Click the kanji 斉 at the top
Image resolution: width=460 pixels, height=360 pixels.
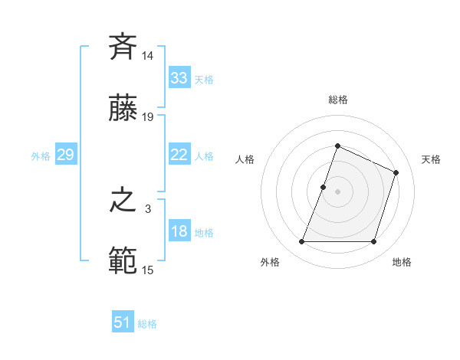coord(123,48)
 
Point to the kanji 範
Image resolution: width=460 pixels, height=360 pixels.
coord(123,260)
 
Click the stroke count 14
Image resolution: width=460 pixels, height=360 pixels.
coord(149,57)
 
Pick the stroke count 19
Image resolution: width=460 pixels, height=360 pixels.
coord(149,116)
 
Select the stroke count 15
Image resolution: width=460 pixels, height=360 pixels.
coord(149,270)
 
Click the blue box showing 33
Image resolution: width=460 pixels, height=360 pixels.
coord(179,78)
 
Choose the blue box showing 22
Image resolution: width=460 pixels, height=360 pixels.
coord(179,155)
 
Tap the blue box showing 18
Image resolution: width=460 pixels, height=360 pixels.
coord(179,231)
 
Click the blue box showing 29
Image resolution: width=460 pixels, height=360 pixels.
coord(65,155)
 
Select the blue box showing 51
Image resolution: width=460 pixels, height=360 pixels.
coord(123,322)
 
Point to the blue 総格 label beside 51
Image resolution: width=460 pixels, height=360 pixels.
coord(147,324)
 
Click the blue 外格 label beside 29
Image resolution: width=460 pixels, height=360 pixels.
coord(41,156)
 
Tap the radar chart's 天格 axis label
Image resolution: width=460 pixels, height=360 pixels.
coord(431,159)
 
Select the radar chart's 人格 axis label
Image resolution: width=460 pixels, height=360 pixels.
coord(245,159)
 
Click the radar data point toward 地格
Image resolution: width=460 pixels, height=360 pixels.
coord(374,242)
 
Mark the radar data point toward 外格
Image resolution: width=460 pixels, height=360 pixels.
coord(301,242)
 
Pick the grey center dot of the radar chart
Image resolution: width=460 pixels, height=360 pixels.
coord(337,191)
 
